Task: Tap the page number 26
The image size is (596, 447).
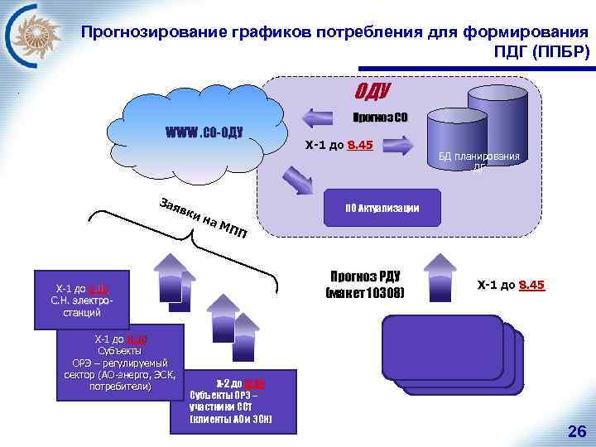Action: [576, 430]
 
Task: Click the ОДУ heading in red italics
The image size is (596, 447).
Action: [372, 89]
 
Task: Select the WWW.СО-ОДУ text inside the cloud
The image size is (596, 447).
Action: [203, 132]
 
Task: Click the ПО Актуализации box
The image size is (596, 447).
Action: [382, 207]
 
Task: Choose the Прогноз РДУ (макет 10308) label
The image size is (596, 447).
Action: [365, 284]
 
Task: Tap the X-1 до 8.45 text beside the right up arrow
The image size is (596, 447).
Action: [511, 286]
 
